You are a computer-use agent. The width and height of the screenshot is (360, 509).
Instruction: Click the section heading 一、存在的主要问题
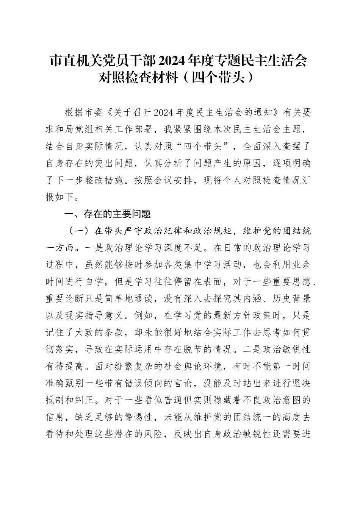[108, 214]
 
